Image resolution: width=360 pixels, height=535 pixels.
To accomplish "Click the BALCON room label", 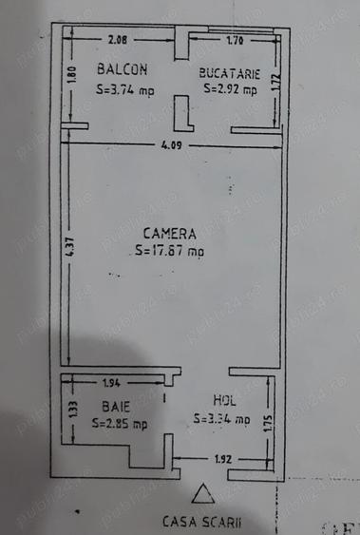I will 123,69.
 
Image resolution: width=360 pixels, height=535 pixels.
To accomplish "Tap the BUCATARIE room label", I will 229,72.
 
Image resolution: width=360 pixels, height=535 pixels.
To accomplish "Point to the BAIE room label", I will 116,405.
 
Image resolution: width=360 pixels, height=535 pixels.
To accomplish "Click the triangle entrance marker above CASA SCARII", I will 201,494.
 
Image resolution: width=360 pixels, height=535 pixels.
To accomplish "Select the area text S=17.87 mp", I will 169,252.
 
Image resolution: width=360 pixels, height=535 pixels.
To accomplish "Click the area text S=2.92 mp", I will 230,90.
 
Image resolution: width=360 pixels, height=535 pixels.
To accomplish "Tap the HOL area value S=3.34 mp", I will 221,418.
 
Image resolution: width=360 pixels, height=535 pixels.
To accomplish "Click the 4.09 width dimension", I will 171,145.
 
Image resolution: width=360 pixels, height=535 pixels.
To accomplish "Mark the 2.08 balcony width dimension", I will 119,39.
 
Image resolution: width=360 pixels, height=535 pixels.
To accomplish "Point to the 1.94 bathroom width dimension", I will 112,383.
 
